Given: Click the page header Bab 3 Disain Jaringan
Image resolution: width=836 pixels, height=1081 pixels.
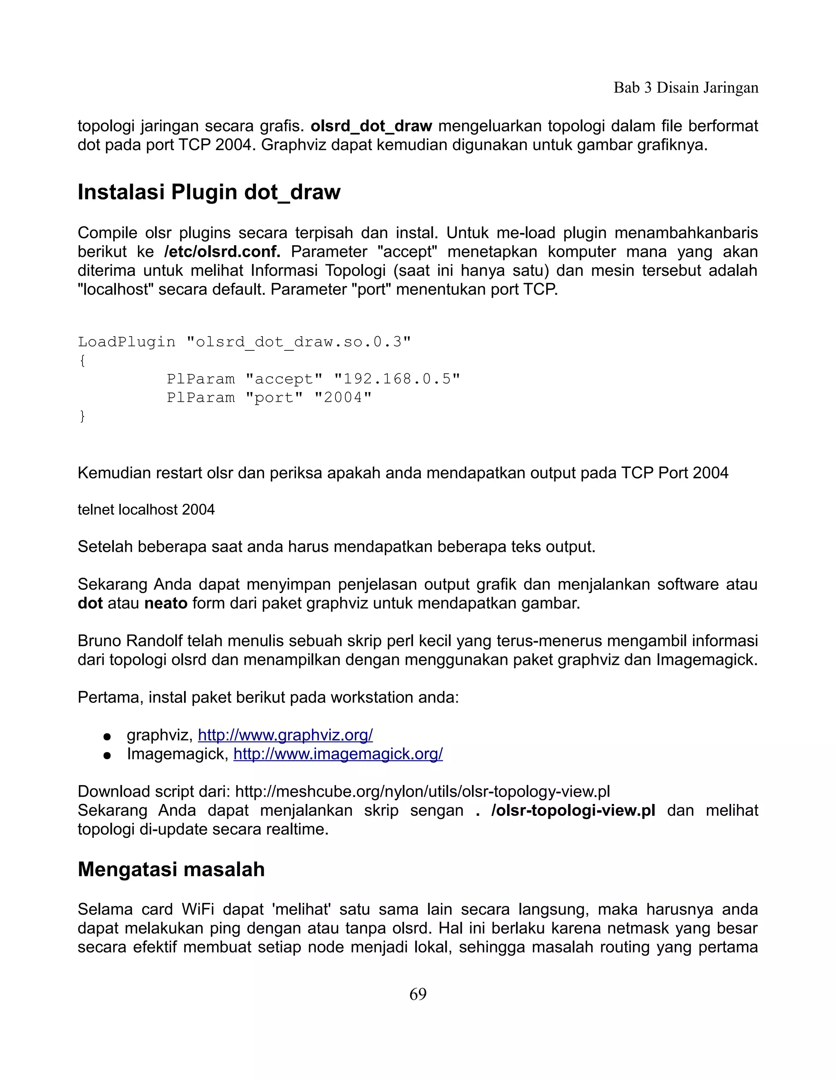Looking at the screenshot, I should tap(685, 88).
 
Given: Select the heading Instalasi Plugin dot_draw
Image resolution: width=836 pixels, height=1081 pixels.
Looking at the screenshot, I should tap(209, 192).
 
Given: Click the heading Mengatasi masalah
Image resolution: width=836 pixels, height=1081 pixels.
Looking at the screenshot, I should tap(171, 870).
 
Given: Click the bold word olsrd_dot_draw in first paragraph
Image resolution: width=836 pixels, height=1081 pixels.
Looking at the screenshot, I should tap(371, 126).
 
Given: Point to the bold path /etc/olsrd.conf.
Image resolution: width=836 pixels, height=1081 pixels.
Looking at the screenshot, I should tap(222, 251).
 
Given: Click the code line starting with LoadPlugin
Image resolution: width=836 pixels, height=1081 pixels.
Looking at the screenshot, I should tap(244, 341).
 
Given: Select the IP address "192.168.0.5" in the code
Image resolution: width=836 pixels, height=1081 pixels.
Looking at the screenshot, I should tap(397, 379).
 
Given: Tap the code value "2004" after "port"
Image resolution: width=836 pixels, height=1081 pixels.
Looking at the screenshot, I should tap(343, 397).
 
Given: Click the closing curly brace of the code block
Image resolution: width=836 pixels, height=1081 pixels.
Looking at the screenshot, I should tap(82, 416).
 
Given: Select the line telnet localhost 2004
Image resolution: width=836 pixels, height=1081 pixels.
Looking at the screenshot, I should tap(146, 509).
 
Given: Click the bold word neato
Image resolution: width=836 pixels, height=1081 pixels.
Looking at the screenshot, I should tap(165, 603).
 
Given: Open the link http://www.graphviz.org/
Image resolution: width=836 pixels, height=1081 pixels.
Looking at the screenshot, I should tap(285, 735).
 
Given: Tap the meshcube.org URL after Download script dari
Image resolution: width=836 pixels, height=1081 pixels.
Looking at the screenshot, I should tap(422, 791).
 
